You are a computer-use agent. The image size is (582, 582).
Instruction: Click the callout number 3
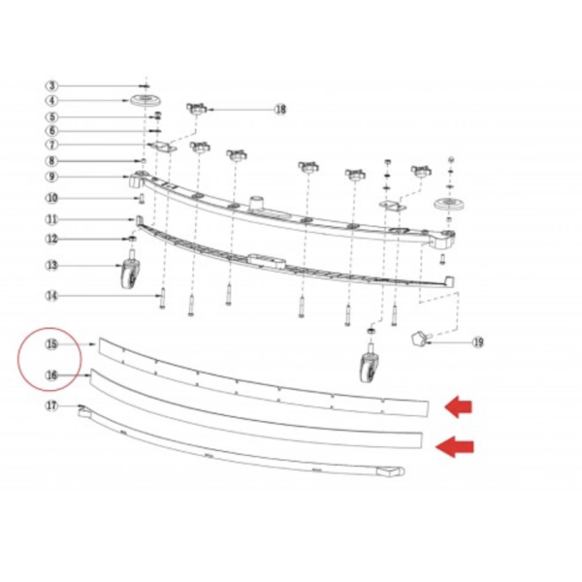[x=52, y=86]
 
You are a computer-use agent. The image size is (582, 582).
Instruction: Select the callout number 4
[x=52, y=101]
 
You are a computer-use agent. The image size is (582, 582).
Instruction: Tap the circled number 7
[x=52, y=145]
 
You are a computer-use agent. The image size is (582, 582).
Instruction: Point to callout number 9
[x=52, y=177]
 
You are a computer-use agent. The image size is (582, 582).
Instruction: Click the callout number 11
[x=52, y=220]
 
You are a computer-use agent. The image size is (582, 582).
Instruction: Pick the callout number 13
[x=52, y=266]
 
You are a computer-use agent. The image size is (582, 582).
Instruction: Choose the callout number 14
[x=52, y=296]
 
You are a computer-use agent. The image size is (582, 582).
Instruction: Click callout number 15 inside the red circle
[x=52, y=344]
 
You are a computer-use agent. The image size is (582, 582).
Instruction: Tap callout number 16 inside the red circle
[x=52, y=375]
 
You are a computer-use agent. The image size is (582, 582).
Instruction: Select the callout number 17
[x=52, y=405]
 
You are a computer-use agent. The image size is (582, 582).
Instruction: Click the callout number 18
[x=280, y=110]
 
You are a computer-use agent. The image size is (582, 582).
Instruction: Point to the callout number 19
[x=478, y=342]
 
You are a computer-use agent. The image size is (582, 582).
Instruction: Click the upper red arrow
[x=459, y=407]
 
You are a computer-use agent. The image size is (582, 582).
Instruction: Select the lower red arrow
[x=454, y=446]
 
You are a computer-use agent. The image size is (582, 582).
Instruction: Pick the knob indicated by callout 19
[x=420, y=339]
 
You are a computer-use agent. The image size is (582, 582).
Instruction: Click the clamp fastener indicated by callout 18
[x=198, y=110]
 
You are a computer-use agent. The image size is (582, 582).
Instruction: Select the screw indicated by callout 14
[x=162, y=299]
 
